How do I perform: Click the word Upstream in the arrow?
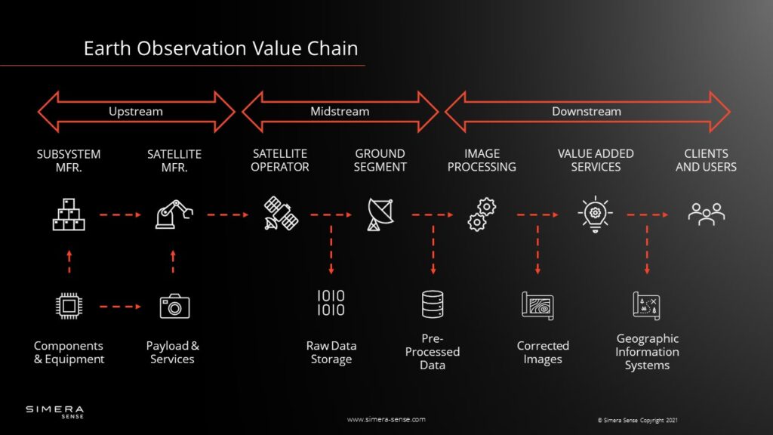coord(136,112)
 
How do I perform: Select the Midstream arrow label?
coord(340,112)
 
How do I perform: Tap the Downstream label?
coord(586,112)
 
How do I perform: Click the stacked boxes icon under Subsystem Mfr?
coord(69,214)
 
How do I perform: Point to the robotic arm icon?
coord(174,214)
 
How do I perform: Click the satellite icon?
coord(281,214)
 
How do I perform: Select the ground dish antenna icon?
coord(380,214)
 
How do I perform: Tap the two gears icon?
coord(482,214)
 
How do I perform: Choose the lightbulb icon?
coord(595,214)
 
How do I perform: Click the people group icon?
coord(707,214)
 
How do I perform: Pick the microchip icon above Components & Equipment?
coord(69,307)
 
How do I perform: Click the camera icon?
coord(174,307)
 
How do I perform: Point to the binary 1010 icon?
coord(331,303)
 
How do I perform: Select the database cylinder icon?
coord(433,304)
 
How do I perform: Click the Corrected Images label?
coord(543,352)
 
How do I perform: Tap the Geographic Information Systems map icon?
coord(646,306)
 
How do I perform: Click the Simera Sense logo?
coord(54,412)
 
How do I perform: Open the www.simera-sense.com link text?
coord(386,419)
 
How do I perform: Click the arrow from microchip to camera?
coord(120,307)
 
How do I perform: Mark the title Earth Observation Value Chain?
coord(221,48)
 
